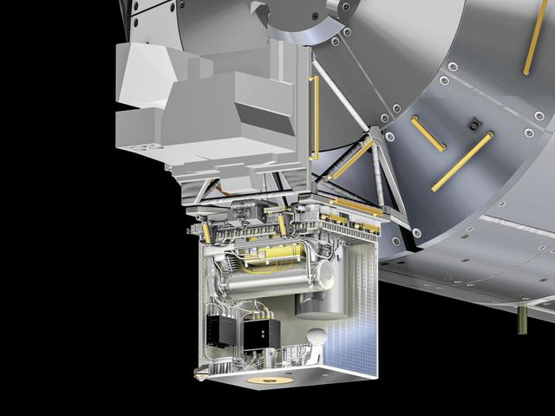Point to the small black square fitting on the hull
click(473, 127)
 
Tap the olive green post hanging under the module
click(523, 320)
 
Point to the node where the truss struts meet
click(374, 134)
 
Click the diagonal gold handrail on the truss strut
click(351, 159)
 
